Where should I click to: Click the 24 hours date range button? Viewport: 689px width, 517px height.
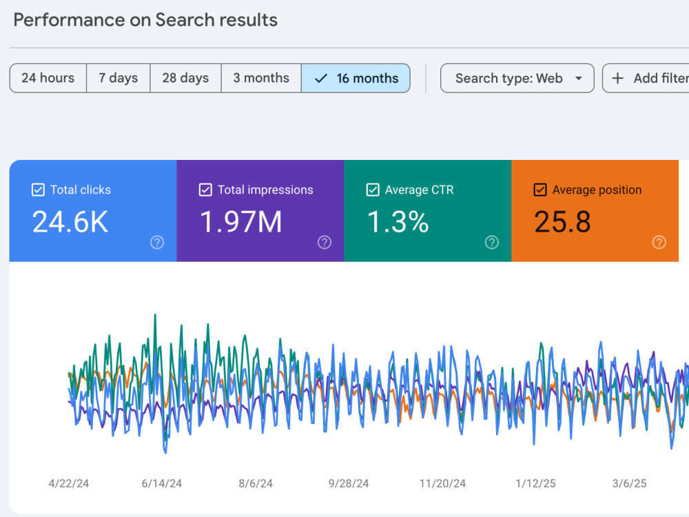48,79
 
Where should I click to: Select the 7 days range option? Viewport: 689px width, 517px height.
119,79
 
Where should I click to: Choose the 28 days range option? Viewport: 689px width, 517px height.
185,79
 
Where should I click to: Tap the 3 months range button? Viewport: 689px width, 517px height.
261,79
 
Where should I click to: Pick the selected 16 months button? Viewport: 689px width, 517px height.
356,79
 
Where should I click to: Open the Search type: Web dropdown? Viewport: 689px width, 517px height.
517,79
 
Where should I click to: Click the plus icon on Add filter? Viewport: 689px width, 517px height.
617,79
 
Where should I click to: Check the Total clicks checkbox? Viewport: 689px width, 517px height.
38,190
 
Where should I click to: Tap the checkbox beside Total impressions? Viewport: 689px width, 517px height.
205,190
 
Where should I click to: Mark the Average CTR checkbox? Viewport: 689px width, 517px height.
373,190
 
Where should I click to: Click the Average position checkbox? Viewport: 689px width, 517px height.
540,190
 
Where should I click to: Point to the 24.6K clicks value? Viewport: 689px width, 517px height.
70,221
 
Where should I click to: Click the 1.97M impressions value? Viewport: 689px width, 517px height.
240,221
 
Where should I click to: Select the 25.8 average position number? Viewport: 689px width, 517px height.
562,221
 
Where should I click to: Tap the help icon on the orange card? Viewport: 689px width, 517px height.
659,242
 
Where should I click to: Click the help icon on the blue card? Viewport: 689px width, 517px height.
157,242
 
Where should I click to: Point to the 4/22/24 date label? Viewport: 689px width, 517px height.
68,484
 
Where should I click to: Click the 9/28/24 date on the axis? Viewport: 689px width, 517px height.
349,484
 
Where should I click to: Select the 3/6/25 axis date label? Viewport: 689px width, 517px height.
629,484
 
